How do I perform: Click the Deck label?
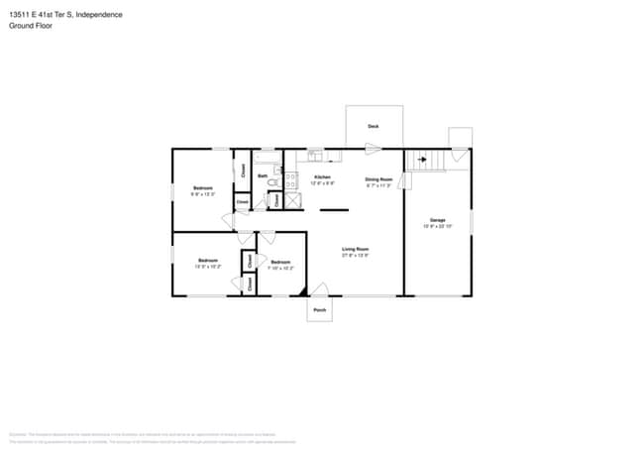[374, 127]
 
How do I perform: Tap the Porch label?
[319, 310]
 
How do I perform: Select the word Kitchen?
[322, 177]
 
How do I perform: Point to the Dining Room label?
[378, 178]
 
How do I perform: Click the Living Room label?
[355, 249]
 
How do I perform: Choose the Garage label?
[437, 220]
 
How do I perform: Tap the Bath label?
[263, 176]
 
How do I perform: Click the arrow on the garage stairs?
[421, 159]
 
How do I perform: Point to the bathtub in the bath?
[268, 156]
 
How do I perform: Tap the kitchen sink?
[314, 155]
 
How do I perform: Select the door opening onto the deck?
[372, 149]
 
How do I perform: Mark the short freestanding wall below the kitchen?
[333, 210]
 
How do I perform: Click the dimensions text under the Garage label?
[437, 227]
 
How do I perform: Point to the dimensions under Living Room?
[355, 256]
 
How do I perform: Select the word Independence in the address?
[99, 15]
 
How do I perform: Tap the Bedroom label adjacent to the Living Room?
[280, 262]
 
